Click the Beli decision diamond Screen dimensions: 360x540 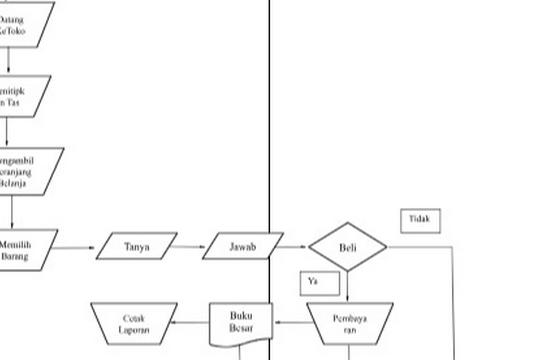tap(347, 246)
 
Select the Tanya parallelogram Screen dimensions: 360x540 tap(137, 246)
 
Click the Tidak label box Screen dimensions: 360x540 tap(420, 220)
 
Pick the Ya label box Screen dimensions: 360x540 tap(314, 283)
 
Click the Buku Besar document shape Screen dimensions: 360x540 tap(241, 323)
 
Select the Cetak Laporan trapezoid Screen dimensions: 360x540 tap(134, 323)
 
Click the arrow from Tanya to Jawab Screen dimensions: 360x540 tap(190, 246)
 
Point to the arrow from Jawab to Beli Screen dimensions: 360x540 tap(291, 246)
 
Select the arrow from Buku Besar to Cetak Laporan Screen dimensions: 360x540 tap(192, 323)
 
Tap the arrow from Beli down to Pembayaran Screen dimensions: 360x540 tap(347, 286)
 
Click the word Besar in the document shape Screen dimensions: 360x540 tap(241, 329)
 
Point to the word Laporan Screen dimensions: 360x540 tap(134, 329)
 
